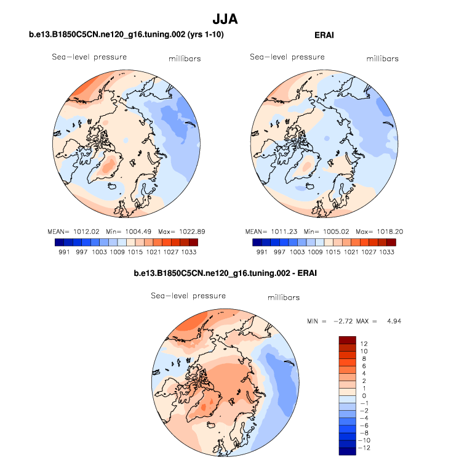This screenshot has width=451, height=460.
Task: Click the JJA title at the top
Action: tap(225, 20)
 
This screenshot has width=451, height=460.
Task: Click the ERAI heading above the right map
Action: tap(324, 35)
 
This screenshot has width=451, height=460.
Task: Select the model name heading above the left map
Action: tap(126, 35)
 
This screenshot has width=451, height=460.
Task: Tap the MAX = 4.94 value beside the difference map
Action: tap(385, 321)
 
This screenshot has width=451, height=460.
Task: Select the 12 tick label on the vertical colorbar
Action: tap(364, 343)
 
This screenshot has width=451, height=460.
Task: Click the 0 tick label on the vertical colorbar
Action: tap(364, 395)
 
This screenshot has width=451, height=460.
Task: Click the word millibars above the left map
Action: tap(185, 59)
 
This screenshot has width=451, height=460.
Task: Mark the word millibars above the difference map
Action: tap(284, 298)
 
